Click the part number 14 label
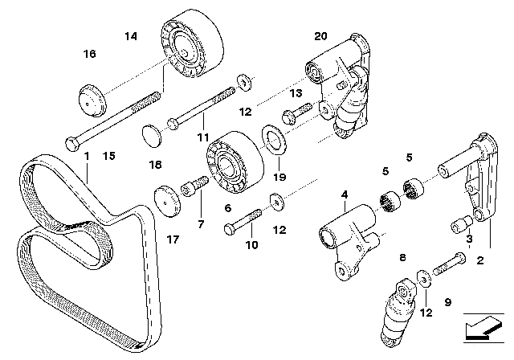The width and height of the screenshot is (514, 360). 131,35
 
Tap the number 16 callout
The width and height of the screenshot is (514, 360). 89,54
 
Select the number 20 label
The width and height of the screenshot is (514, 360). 321,36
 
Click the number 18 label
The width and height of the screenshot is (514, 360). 156,164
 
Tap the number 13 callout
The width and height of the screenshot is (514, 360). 296,94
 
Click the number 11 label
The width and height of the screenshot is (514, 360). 203,137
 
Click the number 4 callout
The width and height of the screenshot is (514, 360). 343,194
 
